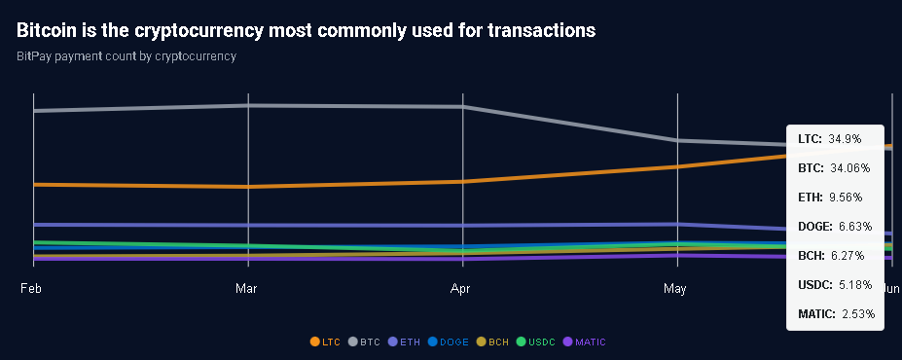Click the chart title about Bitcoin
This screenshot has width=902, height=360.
coord(306,30)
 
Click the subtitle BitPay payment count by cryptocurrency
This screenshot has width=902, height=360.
coord(126,55)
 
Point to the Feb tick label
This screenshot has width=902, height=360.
coord(31,289)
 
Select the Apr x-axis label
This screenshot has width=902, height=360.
coord(463,289)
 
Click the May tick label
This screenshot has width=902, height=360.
coord(674,289)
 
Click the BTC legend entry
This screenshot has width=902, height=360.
coord(364,342)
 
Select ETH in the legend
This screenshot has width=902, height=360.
coord(404,342)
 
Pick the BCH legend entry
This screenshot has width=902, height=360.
coord(492,342)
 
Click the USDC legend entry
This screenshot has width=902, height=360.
coord(535,342)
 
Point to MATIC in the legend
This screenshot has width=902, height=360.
coord(584,342)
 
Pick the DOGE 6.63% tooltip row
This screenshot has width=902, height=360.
coord(834,227)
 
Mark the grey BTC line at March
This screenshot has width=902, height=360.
coord(249,105)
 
